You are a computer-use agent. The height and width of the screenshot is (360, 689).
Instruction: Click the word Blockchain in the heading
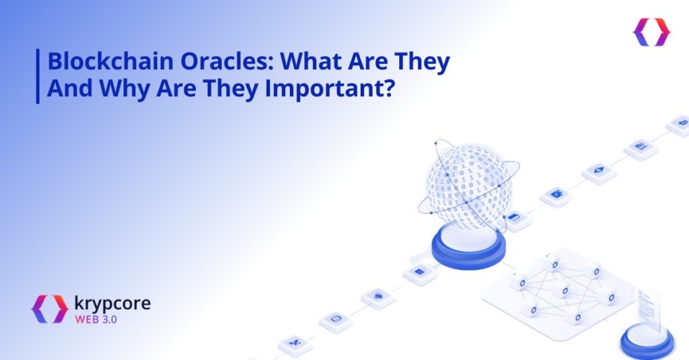(110, 61)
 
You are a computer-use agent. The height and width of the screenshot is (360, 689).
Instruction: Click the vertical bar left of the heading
(38, 76)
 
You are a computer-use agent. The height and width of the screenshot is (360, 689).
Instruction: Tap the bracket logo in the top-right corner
(651, 32)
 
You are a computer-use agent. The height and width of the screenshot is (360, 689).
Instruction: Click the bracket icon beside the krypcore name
(50, 309)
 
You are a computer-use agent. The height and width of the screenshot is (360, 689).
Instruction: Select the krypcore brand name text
(112, 304)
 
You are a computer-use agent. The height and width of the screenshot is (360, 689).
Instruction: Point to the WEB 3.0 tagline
(96, 320)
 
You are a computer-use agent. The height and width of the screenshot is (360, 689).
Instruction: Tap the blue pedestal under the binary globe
(468, 249)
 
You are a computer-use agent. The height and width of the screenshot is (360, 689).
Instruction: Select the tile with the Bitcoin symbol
(680, 124)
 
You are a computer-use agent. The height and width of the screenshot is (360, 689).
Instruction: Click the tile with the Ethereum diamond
(599, 172)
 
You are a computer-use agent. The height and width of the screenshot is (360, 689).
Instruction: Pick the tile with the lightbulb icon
(378, 297)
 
